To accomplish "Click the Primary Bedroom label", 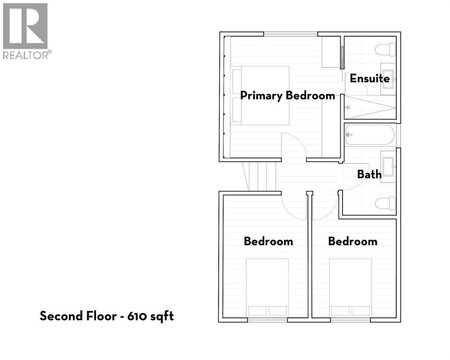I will coord(287,96).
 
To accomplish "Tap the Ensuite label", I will coord(370,78).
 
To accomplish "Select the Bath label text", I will coord(369,174).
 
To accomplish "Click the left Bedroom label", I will coord(268,241).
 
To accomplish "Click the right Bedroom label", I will coord(352,241).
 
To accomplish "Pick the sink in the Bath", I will coord(389,166).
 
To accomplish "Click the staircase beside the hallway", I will coord(260,176).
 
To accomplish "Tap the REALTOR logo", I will coord(25,31).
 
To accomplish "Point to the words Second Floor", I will coord(78,316).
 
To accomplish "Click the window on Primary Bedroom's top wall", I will coord(291,33).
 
